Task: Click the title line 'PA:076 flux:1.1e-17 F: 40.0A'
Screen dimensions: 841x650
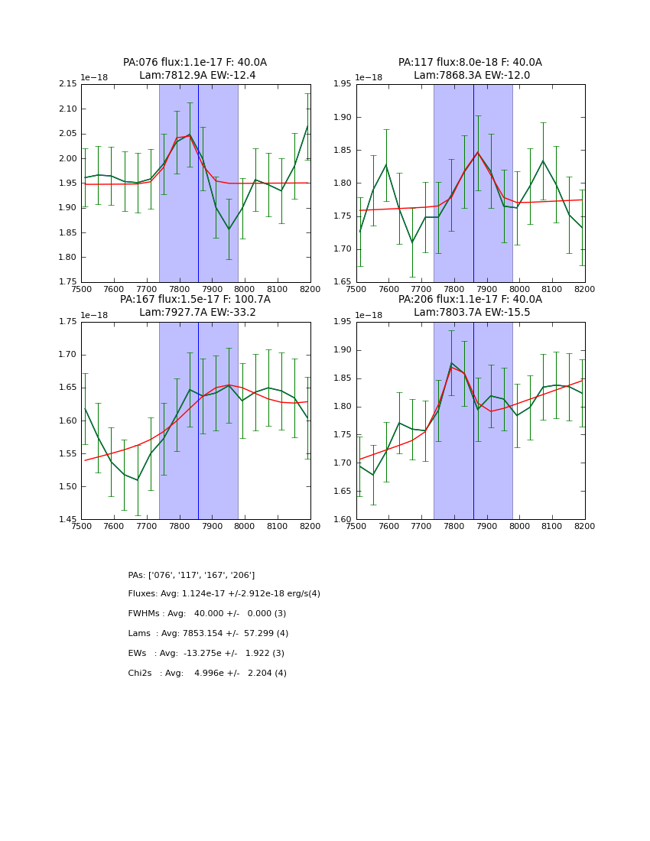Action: pos(195,63)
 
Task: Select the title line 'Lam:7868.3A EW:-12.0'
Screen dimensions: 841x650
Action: pos(471,76)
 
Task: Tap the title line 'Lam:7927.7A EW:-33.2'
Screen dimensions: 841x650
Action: pos(195,313)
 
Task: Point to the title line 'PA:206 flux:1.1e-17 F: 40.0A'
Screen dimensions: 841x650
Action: pos(470,300)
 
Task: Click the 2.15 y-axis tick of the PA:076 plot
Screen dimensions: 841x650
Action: pos(68,84)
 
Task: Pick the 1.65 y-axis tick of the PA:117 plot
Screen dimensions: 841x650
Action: pos(343,281)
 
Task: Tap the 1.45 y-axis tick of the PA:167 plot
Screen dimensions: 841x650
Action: pos(68,519)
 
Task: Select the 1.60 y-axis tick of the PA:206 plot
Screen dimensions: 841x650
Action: pos(343,519)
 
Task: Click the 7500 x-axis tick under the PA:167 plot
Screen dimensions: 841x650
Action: pos(81,527)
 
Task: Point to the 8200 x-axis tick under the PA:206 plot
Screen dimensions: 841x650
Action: pos(585,527)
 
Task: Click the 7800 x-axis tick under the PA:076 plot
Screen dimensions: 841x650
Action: pos(179,289)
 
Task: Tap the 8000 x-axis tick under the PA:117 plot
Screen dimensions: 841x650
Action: pos(519,289)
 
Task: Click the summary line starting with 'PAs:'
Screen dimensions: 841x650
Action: pos(191,575)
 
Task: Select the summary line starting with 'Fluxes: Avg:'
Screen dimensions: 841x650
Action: pos(224,594)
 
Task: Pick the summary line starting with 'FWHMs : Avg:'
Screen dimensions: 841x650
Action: pos(207,614)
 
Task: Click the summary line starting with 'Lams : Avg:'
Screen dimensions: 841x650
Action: pos(208,634)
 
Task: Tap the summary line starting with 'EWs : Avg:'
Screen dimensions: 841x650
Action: pos(206,654)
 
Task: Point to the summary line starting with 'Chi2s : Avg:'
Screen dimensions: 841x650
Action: pos(207,674)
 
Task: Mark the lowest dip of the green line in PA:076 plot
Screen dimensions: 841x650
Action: pos(229,229)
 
